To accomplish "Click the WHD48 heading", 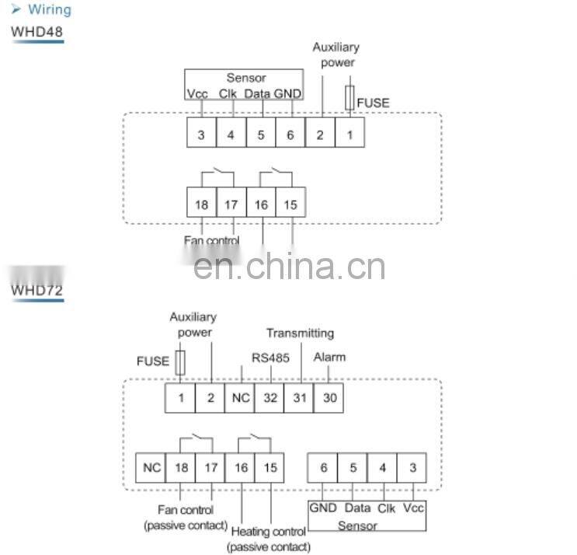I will [x=36, y=32].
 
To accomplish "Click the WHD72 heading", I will [x=36, y=291].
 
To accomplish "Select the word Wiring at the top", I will [x=49, y=10].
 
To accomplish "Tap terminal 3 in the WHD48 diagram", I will [x=201, y=134].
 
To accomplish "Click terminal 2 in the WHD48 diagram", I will [x=320, y=134].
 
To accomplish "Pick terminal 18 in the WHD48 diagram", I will [x=201, y=205].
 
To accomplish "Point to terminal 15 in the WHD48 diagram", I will [x=290, y=205].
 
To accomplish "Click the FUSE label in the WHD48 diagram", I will [x=374, y=102].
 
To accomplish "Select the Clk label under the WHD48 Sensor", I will [x=228, y=93].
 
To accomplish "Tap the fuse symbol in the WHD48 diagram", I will [x=350, y=97].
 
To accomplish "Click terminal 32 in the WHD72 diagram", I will [x=269, y=398].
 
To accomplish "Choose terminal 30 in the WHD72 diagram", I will [x=328, y=398].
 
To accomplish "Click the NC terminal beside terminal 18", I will [x=151, y=468].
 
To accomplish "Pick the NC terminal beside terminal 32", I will [x=240, y=398].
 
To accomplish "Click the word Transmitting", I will [x=300, y=333].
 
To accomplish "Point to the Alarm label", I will [x=329, y=358].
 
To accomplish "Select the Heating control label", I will [x=269, y=532].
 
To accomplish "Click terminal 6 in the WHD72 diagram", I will [x=323, y=468].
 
